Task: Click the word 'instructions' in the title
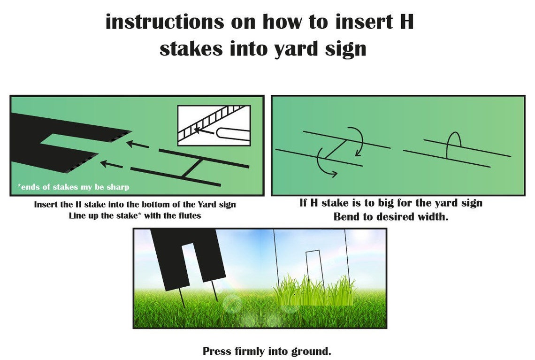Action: pyautogui.click(x=165, y=22)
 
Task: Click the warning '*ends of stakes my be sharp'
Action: pyautogui.click(x=73, y=187)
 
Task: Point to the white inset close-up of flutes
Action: pyautogui.click(x=214, y=125)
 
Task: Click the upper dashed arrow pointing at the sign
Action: pyautogui.click(x=138, y=145)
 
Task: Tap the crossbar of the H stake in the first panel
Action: pyautogui.click(x=193, y=168)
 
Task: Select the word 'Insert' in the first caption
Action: pyautogui.click(x=46, y=204)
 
